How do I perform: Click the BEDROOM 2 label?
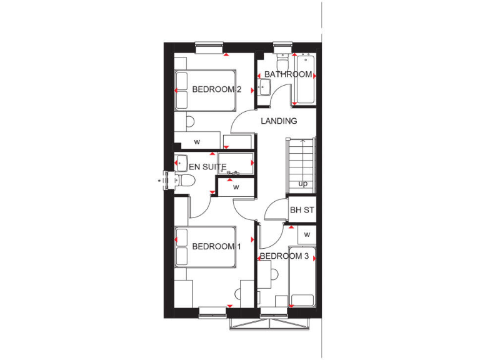pos(216,89)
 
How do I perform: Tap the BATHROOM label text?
pos(287,74)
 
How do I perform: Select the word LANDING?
pos(279,121)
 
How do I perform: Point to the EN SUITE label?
pos(203,167)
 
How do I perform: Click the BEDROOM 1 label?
pos(216,246)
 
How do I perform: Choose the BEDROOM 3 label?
pos(284,256)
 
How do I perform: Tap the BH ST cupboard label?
pos(301,210)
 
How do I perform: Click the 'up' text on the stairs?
pos(302,184)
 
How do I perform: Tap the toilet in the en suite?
pos(185,181)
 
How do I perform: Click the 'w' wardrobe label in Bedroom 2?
pos(197,142)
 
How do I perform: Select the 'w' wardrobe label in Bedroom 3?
pos(307,234)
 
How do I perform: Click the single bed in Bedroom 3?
pos(302,276)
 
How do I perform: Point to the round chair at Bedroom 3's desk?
pos(273,273)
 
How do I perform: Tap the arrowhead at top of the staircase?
pos(302,142)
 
